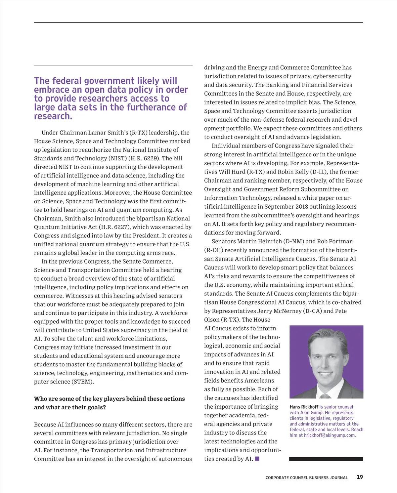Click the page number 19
(360, 477)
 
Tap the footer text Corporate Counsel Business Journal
(307, 477)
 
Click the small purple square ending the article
(257, 459)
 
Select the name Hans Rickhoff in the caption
(304, 407)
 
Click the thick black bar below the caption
(326, 459)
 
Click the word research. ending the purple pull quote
(53, 116)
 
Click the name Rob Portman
(338, 241)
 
